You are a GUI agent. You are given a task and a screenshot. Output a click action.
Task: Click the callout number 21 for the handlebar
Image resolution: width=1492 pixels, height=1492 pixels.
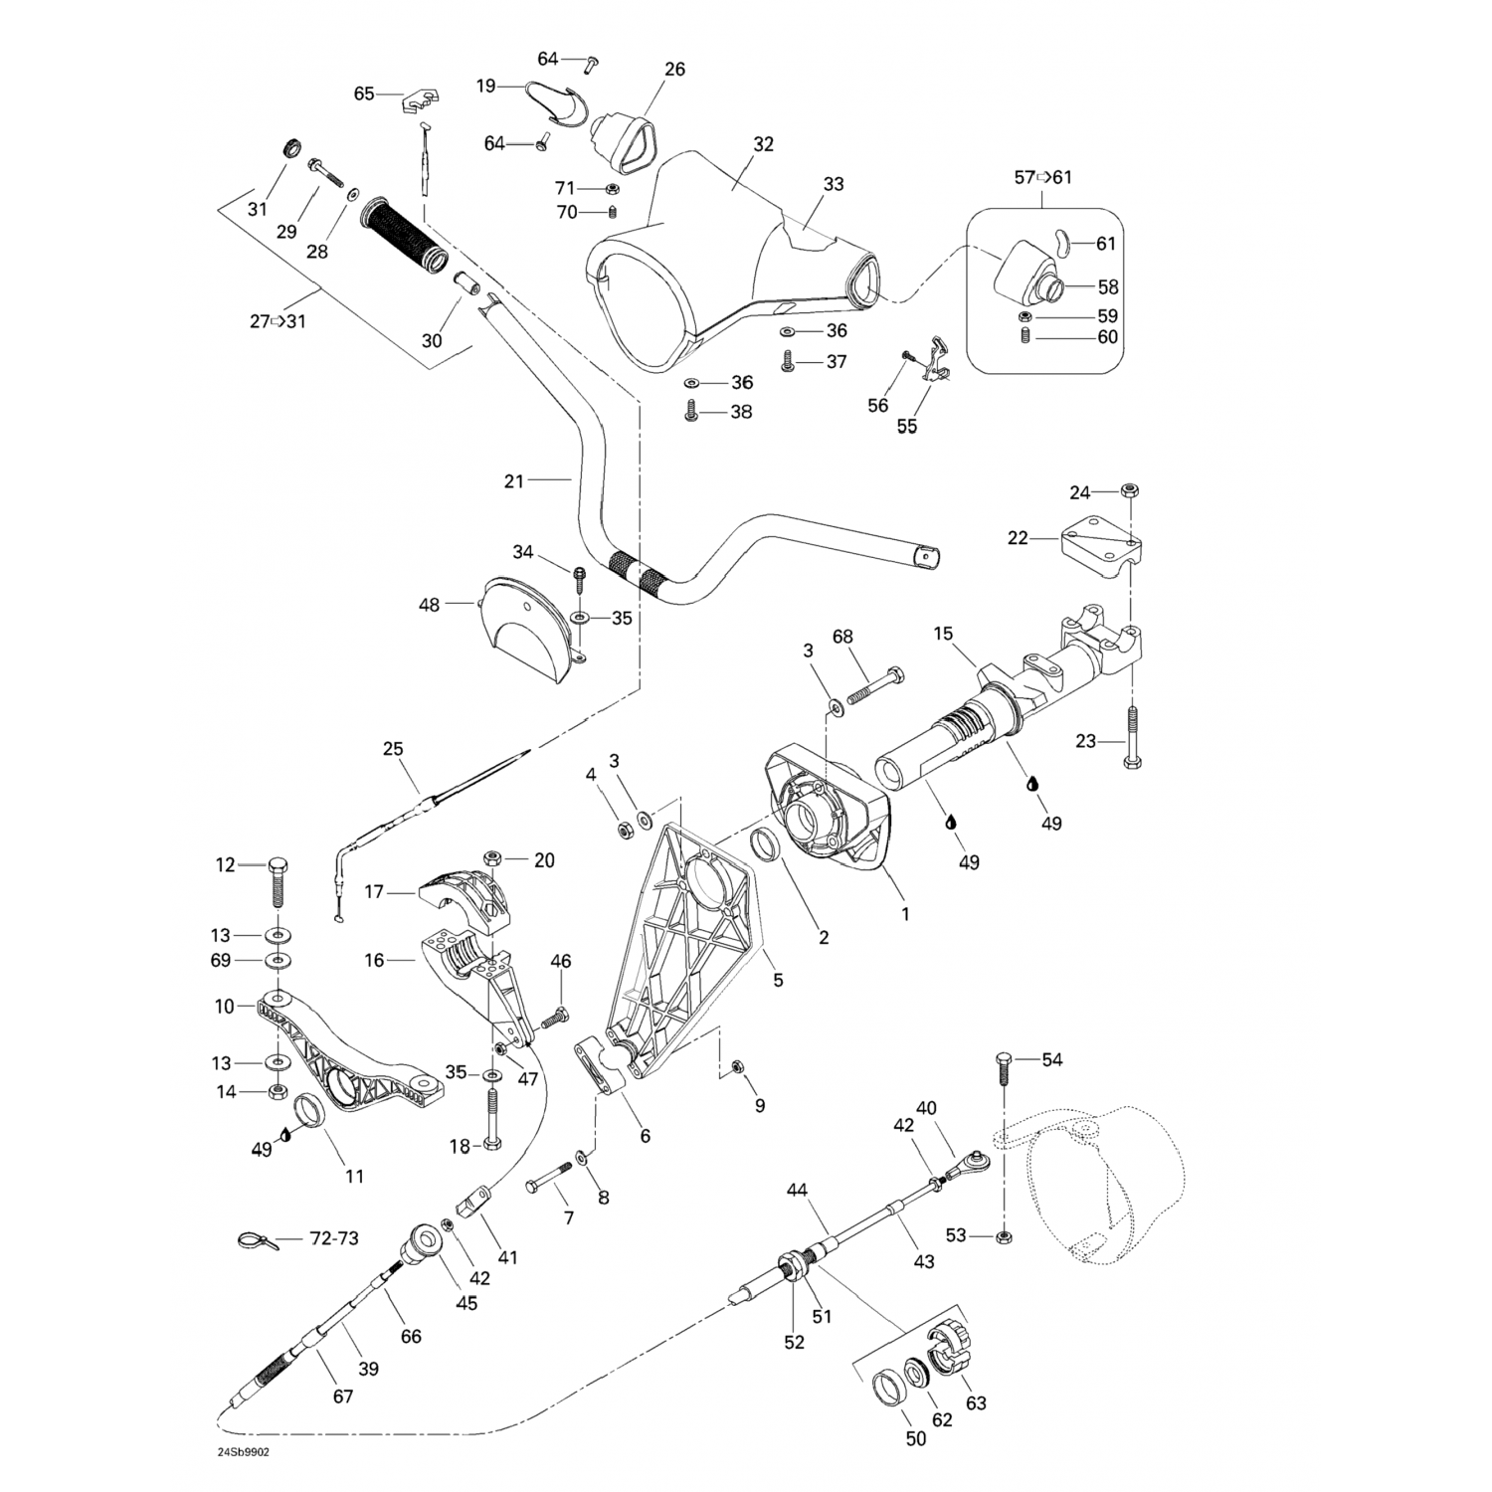pyautogui.click(x=513, y=481)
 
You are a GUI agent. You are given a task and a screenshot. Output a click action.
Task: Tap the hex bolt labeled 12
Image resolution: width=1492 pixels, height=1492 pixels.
pyautogui.click(x=277, y=881)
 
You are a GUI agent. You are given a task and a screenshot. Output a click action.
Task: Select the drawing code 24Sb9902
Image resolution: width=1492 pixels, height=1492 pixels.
pyautogui.click(x=244, y=1451)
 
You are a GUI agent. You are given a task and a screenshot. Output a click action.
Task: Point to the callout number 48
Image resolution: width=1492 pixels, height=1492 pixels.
pyautogui.click(x=429, y=604)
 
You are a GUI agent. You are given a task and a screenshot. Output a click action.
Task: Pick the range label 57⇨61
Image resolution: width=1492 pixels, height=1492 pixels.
pyautogui.click(x=1043, y=177)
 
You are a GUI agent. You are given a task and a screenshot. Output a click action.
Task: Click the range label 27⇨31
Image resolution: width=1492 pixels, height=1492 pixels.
pyautogui.click(x=278, y=321)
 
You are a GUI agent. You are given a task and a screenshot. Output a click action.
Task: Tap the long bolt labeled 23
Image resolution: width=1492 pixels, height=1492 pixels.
pyautogui.click(x=1132, y=737)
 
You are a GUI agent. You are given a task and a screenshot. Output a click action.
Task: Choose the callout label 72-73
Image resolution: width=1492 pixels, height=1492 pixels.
pyautogui.click(x=334, y=1238)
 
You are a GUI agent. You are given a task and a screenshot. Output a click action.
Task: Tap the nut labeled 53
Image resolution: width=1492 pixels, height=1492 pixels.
pyautogui.click(x=1004, y=1236)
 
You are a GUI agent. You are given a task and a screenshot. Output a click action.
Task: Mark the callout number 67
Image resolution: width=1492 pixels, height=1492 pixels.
pyautogui.click(x=343, y=1397)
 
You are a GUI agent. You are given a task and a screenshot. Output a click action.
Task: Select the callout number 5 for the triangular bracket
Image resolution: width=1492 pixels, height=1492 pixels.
pyautogui.click(x=778, y=980)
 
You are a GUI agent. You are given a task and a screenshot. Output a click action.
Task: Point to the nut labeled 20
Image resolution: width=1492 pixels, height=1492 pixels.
pyautogui.click(x=490, y=858)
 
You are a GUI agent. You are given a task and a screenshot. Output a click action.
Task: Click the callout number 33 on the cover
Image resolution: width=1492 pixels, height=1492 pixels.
pyautogui.click(x=834, y=184)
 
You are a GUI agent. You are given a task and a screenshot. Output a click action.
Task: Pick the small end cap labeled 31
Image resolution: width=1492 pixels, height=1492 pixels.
pyautogui.click(x=291, y=148)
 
